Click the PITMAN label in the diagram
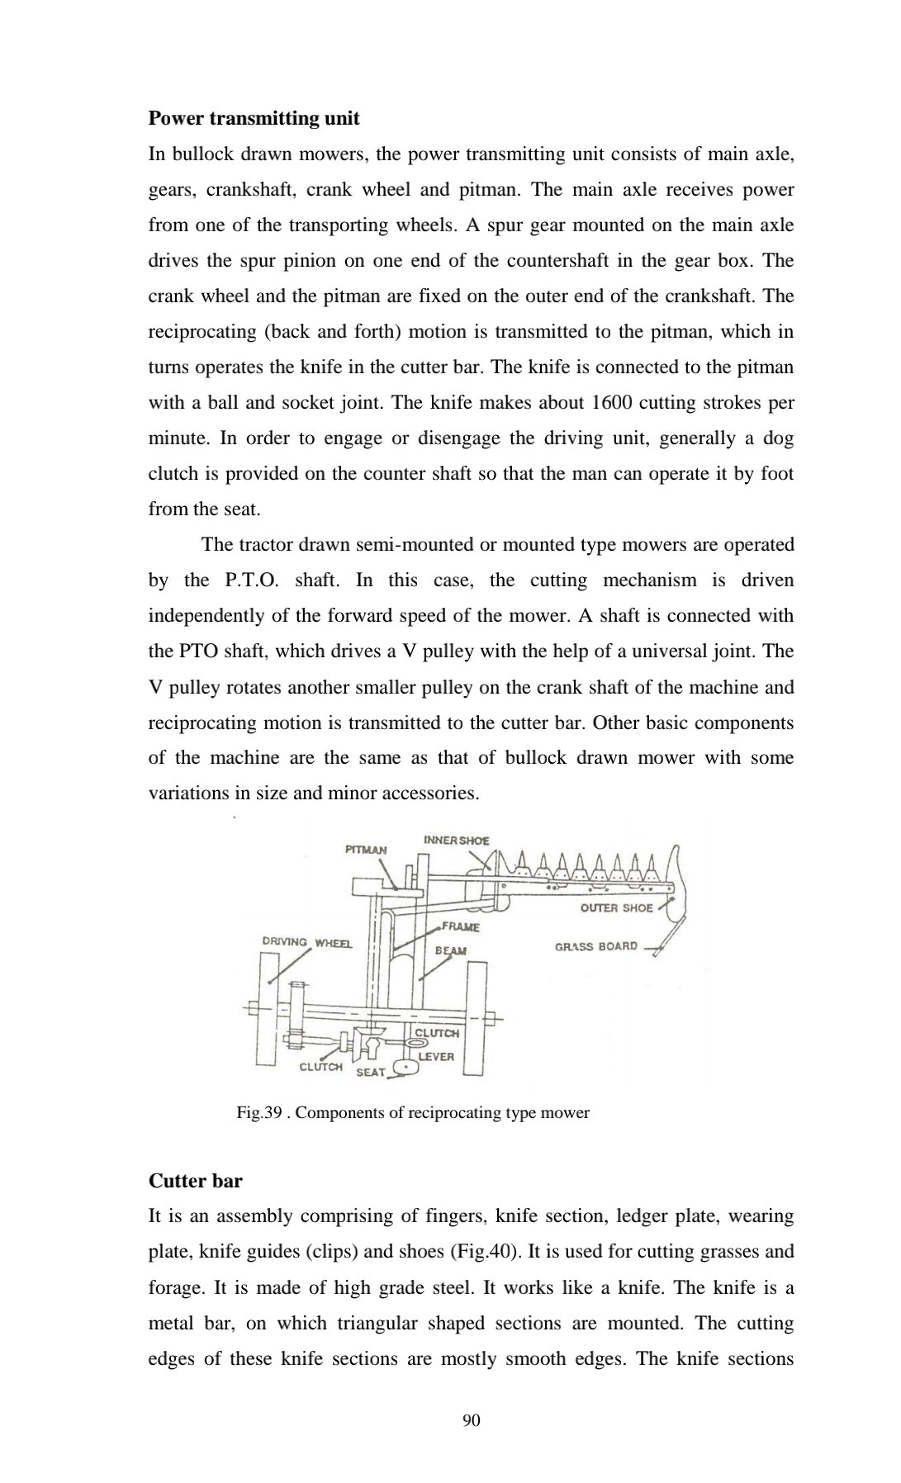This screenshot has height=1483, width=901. coord(365,849)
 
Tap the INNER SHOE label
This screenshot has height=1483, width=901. coord(456,840)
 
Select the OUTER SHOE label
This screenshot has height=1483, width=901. coord(616,907)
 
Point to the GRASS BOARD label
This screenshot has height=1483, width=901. coord(595,946)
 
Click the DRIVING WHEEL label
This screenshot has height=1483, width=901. coord(306,941)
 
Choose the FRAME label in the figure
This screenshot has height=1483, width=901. coord(461,926)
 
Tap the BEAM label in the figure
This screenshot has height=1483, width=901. coord(450,950)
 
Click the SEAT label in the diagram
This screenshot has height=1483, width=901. coord(370,1072)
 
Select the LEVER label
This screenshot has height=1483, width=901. coord(436,1056)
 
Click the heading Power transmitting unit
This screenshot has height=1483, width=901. coord(254,118)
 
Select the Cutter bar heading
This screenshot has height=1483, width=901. coord(195,1181)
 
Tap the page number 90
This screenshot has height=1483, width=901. coord(472,1419)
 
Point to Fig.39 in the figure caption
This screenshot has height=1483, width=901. coord(259,1112)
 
